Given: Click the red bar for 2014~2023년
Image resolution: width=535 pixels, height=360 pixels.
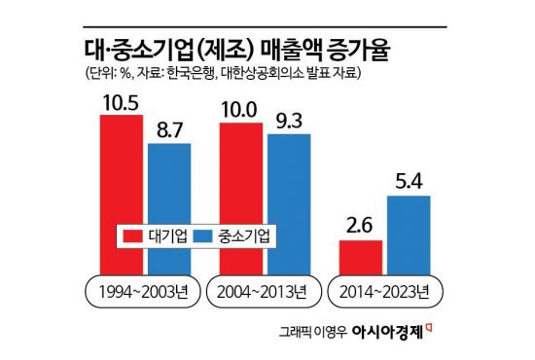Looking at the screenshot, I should pos(360,257).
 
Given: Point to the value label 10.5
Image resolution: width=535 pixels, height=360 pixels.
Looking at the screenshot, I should pos(121,102).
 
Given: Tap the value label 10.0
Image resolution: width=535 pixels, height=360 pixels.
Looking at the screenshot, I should pos(240,108).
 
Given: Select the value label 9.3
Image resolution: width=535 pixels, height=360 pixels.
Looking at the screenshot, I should pos(289,119).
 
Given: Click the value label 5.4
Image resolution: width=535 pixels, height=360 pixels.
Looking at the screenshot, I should pos(409,180).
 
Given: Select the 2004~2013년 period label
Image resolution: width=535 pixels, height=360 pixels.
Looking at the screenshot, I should pos(264,292).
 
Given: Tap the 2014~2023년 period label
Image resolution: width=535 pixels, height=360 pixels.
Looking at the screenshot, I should pos(384,292).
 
